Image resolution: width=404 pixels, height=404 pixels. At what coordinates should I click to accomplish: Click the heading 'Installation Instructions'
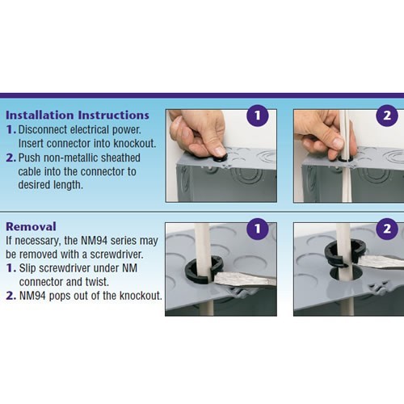tap(78, 116)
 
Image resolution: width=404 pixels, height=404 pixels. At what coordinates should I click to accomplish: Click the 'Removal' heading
tap(31, 226)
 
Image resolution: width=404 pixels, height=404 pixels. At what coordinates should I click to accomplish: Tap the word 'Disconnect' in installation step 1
tap(43, 130)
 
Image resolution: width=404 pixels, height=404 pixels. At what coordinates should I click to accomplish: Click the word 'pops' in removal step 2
tap(60, 296)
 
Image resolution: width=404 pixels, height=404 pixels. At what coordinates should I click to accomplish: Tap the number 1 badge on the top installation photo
tap(258, 116)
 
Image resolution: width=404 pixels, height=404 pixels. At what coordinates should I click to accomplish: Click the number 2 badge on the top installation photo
tap(387, 116)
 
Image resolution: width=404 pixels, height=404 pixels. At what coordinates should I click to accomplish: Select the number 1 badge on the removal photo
tap(258, 229)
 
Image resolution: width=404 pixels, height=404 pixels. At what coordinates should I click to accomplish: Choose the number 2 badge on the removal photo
tap(387, 229)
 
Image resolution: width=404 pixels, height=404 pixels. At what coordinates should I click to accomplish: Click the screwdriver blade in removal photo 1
tap(245, 280)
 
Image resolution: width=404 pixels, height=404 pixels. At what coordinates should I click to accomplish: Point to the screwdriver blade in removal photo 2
tap(380, 261)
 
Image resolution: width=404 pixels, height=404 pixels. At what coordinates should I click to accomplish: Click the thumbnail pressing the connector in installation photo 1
tap(221, 151)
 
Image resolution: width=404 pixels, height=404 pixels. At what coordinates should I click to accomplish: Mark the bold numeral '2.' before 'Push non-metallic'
tap(11, 158)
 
